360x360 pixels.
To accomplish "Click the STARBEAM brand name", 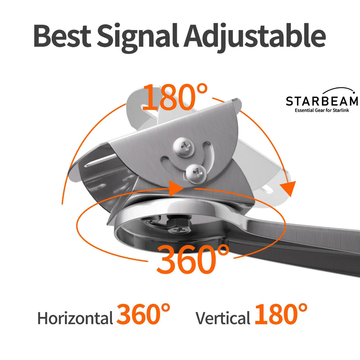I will click(x=322, y=101).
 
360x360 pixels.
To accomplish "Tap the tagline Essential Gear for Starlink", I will click(x=322, y=111).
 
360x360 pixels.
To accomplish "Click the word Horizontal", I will click(x=75, y=318).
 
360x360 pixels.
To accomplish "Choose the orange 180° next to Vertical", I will click(x=281, y=314).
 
